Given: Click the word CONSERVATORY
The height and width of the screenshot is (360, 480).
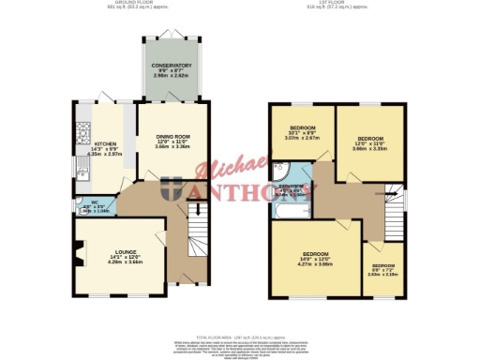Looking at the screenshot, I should pos(172,66).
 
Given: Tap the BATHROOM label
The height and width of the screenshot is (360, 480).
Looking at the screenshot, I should pos(292,187).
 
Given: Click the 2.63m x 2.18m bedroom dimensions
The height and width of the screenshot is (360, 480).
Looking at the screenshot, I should pos(383,275).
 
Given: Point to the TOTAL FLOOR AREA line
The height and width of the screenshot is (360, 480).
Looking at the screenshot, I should pos(240,335).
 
